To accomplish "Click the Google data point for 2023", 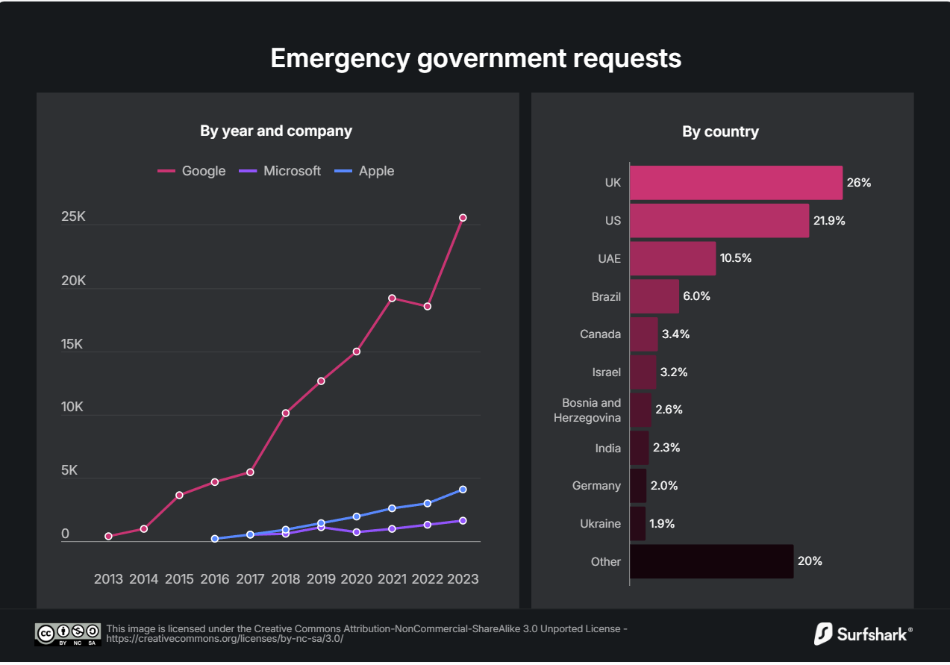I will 463,217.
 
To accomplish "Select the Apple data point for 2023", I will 463,489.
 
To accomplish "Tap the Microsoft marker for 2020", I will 357,532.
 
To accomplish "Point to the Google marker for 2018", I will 286,413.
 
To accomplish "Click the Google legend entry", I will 192,171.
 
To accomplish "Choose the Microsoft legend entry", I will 280,171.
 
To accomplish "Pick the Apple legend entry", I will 365,171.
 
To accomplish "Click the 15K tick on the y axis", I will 74,344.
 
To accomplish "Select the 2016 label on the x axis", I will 215,578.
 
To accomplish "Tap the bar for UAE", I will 672,258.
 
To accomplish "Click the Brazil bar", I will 654,296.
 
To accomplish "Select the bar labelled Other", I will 711,561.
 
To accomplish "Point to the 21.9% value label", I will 829,221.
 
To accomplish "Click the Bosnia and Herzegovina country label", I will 588,410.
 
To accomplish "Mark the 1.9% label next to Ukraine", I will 662,524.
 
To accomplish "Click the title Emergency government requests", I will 475,58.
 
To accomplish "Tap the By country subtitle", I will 720,131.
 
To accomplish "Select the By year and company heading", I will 276,131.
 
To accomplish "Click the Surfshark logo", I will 863,634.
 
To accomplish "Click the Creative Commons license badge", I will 67,634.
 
